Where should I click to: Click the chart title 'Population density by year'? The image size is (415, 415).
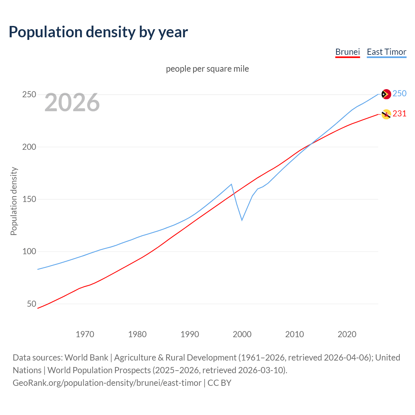pos(98,32)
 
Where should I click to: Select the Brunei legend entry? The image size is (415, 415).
pos(348,52)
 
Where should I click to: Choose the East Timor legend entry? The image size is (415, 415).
pos(386,52)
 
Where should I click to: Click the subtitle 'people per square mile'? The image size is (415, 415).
pos(207,69)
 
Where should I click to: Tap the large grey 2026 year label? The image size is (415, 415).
pos(72,102)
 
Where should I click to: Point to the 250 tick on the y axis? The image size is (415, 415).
pos(29,95)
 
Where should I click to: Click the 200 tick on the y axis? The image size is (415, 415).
pos(29,147)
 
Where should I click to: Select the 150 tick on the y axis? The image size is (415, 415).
pos(29,199)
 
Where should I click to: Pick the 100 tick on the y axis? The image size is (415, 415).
pos(29,252)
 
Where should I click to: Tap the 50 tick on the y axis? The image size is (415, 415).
pos(31,304)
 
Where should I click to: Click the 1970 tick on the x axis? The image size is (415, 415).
pos(85,334)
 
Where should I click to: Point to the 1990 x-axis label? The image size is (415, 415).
pos(190,334)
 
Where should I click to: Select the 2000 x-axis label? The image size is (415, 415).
pos(242,334)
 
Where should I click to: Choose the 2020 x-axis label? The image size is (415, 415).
pos(347,334)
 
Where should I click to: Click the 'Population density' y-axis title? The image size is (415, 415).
pos(14,201)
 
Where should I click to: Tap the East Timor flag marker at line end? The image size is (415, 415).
pos(386,94)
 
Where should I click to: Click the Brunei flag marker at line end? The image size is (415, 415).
pos(386,114)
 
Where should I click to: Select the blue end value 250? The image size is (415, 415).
pos(399,94)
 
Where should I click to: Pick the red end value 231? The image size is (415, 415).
pos(399,114)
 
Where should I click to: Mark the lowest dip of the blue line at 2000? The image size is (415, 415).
pos(242,220)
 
